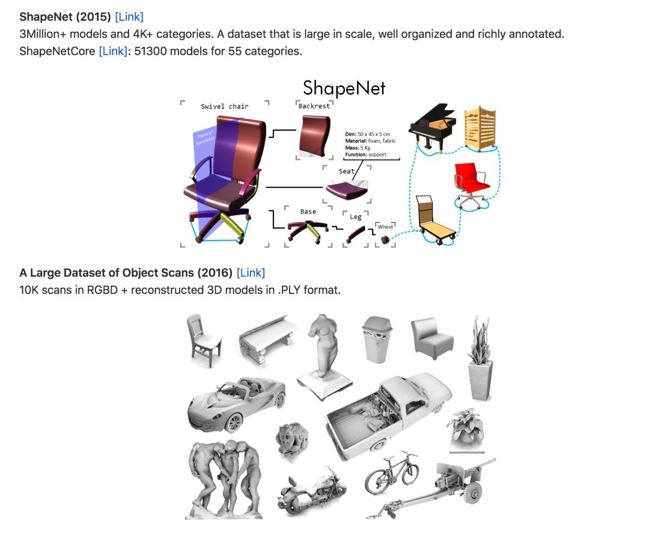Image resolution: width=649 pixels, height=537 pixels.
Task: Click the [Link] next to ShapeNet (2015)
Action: pos(129,17)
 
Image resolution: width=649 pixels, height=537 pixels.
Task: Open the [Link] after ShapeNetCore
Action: pos(113,51)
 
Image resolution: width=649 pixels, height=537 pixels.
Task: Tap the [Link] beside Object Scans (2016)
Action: pos(251,273)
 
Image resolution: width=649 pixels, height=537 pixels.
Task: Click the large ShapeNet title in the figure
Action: pos(344,88)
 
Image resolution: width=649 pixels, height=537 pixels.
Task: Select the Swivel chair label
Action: pos(225,106)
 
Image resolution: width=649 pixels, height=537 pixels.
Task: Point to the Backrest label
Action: pos(314,106)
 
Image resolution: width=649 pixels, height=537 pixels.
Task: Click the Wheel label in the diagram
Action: pos(385,227)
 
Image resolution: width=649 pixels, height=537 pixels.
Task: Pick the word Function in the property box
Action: pos(356,155)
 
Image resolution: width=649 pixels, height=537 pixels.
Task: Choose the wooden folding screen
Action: pos(480,127)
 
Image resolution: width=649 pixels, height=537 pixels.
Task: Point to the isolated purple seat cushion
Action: pos(347,189)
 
